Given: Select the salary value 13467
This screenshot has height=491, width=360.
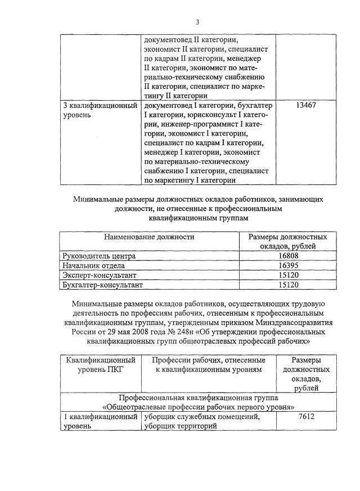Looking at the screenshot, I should [x=304, y=105].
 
